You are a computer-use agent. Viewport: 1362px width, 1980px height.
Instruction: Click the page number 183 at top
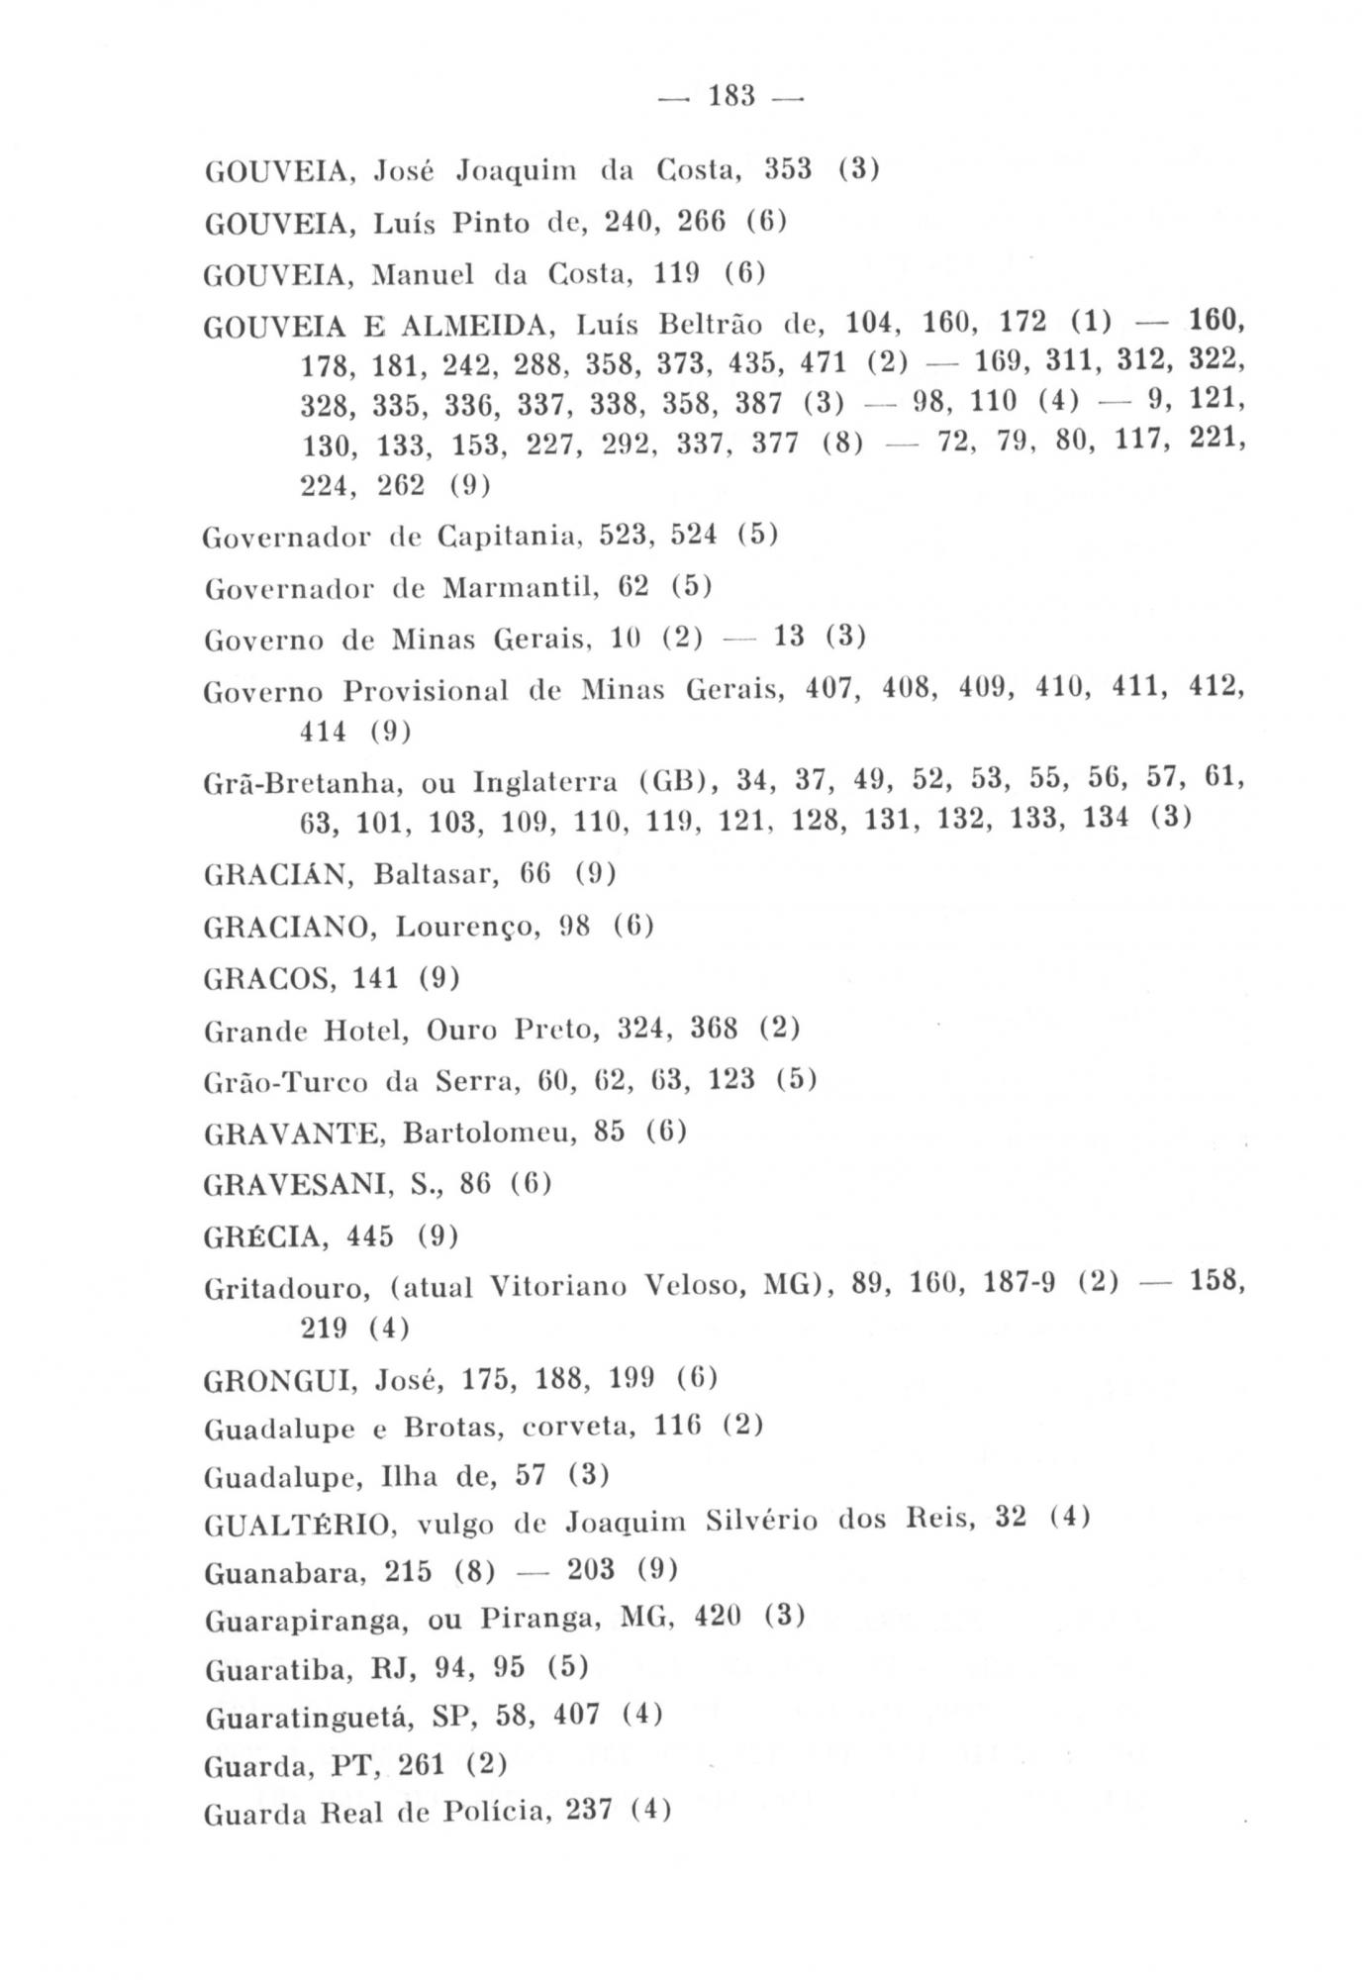731,97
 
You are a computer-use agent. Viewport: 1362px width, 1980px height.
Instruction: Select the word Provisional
425,691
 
